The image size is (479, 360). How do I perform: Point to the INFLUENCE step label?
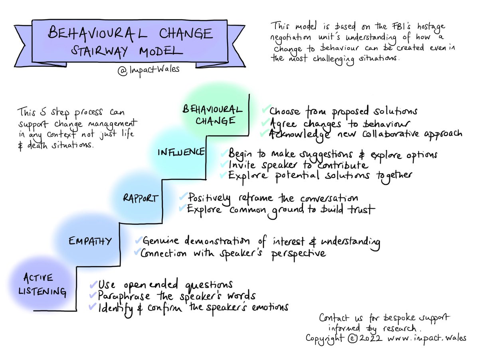[x=181, y=152]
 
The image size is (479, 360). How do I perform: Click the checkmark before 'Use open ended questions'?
[x=93, y=284]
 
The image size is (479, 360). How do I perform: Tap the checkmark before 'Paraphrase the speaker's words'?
[x=93, y=296]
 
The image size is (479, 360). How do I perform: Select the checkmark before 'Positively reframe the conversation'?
[x=183, y=197]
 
